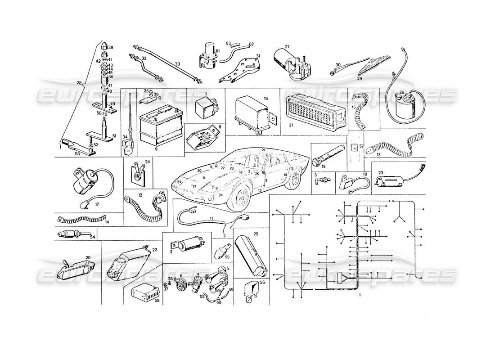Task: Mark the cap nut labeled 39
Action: coord(103,47)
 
